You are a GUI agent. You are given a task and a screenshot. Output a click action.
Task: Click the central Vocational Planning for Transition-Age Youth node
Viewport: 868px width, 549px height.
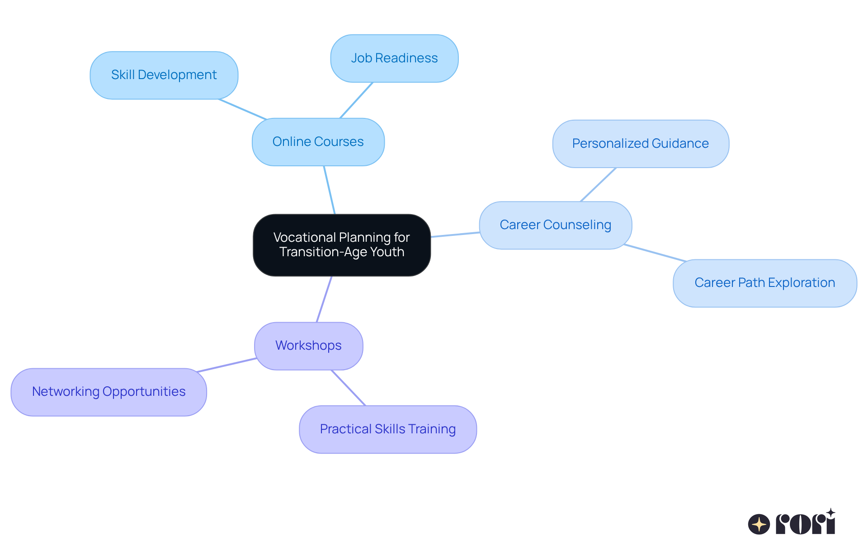tap(342, 245)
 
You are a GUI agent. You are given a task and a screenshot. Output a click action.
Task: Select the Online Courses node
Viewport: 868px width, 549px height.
tap(318, 142)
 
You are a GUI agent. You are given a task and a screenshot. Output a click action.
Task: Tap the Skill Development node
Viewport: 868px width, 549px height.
tap(164, 75)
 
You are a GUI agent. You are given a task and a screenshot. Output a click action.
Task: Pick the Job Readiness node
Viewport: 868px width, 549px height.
tap(394, 58)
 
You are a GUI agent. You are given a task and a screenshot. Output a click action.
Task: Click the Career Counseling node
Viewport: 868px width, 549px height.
tap(555, 225)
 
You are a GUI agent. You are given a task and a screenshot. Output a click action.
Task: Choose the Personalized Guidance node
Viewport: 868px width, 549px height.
tap(641, 144)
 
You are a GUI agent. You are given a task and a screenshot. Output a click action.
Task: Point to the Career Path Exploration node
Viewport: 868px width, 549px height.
tap(764, 283)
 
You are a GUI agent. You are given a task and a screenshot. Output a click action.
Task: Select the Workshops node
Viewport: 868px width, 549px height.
tap(308, 346)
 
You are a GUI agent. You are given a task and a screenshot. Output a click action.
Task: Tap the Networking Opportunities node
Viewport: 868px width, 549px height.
tap(108, 392)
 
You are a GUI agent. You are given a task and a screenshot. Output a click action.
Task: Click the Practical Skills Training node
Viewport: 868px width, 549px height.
tap(387, 429)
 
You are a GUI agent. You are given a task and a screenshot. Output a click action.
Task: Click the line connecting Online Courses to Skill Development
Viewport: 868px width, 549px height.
tap(243, 109)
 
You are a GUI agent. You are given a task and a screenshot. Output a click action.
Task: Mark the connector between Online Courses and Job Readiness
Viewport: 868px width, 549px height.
tap(356, 100)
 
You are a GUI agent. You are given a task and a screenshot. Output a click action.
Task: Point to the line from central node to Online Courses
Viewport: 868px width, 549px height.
tap(329, 190)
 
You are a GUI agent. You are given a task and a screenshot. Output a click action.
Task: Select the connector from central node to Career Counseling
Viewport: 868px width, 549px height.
tap(455, 235)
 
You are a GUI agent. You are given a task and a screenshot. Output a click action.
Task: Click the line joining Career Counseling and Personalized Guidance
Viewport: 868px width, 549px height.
tap(598, 184)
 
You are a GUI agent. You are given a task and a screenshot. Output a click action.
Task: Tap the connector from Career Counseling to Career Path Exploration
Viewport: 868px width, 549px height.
tap(655, 253)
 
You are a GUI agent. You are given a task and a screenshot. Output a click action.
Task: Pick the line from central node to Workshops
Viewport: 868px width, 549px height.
tap(324, 299)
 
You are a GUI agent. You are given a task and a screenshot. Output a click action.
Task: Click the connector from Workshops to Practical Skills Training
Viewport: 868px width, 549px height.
tap(349, 388)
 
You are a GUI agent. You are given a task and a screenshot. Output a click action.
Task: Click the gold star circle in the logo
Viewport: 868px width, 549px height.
tap(759, 524)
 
